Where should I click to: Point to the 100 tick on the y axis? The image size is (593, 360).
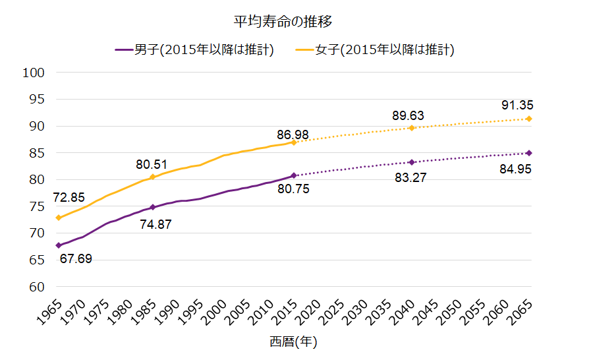click(x=33, y=73)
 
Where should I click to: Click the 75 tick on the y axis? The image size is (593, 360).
click(x=36, y=206)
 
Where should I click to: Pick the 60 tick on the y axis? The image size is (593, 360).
click(x=36, y=287)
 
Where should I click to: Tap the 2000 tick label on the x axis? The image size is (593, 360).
click(x=214, y=311)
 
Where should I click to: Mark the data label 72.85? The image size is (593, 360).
click(x=70, y=198)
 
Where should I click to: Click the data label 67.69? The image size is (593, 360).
click(x=76, y=259)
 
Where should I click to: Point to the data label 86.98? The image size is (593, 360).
click(x=293, y=135)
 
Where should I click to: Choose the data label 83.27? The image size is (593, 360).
click(x=410, y=177)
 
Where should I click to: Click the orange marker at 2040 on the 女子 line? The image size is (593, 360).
click(x=412, y=128)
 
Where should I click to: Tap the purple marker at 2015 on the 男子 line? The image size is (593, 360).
click(x=294, y=176)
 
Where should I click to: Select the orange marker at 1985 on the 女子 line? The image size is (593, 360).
click(x=153, y=177)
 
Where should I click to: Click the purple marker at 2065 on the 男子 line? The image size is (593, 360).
click(x=529, y=153)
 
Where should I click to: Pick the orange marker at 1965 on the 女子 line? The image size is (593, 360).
click(x=59, y=218)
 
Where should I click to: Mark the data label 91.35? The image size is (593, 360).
click(x=517, y=105)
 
